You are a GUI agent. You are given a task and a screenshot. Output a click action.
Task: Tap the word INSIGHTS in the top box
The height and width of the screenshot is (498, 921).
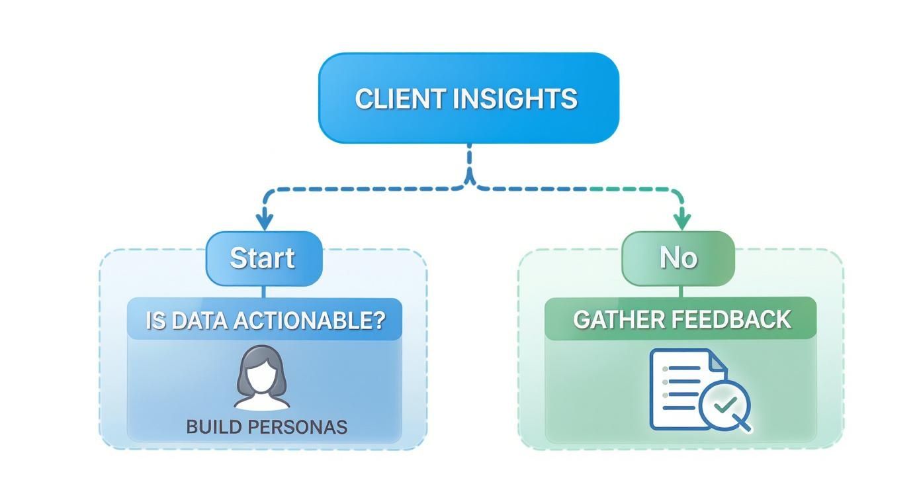(516, 99)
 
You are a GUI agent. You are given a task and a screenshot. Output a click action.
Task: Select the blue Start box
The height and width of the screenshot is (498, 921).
(263, 258)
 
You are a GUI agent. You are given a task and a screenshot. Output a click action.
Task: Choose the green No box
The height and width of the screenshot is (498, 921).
(678, 258)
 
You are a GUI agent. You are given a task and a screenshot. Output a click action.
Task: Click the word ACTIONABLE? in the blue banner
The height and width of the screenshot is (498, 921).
(320, 321)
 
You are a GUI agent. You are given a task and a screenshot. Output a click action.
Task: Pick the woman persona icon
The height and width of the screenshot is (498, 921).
(263, 377)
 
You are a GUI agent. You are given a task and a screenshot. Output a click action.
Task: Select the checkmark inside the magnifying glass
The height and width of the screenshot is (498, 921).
(725, 403)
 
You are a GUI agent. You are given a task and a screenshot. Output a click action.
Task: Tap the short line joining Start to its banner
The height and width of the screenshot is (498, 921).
(263, 292)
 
